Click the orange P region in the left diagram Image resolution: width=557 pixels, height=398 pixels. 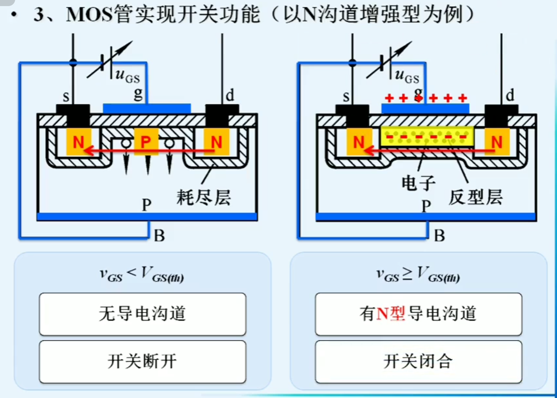[146, 142]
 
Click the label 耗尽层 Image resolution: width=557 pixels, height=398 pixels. [204, 197]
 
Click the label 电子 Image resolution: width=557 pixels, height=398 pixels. [418, 183]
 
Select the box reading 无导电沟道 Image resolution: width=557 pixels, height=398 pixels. [143, 314]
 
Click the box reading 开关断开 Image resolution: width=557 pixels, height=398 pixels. [143, 361]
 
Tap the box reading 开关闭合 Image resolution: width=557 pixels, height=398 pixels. [418, 361]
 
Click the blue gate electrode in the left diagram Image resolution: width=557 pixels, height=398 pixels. [147, 108]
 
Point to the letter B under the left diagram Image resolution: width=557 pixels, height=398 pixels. [159, 236]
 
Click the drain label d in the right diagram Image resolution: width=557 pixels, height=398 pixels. [510, 95]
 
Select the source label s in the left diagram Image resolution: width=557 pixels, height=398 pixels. [66, 96]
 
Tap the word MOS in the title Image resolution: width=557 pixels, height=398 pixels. [89, 14]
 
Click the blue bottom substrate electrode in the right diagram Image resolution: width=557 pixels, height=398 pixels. [426, 217]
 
